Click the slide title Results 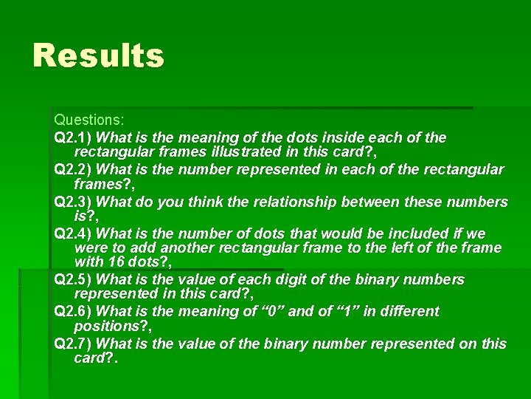click(x=98, y=55)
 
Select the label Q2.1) click(x=74, y=137)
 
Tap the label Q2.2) click(x=74, y=170)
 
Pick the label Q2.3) click(x=74, y=202)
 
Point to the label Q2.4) click(x=74, y=234)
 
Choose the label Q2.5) click(x=74, y=279)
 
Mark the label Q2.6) click(x=74, y=311)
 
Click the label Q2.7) click(x=74, y=344)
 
